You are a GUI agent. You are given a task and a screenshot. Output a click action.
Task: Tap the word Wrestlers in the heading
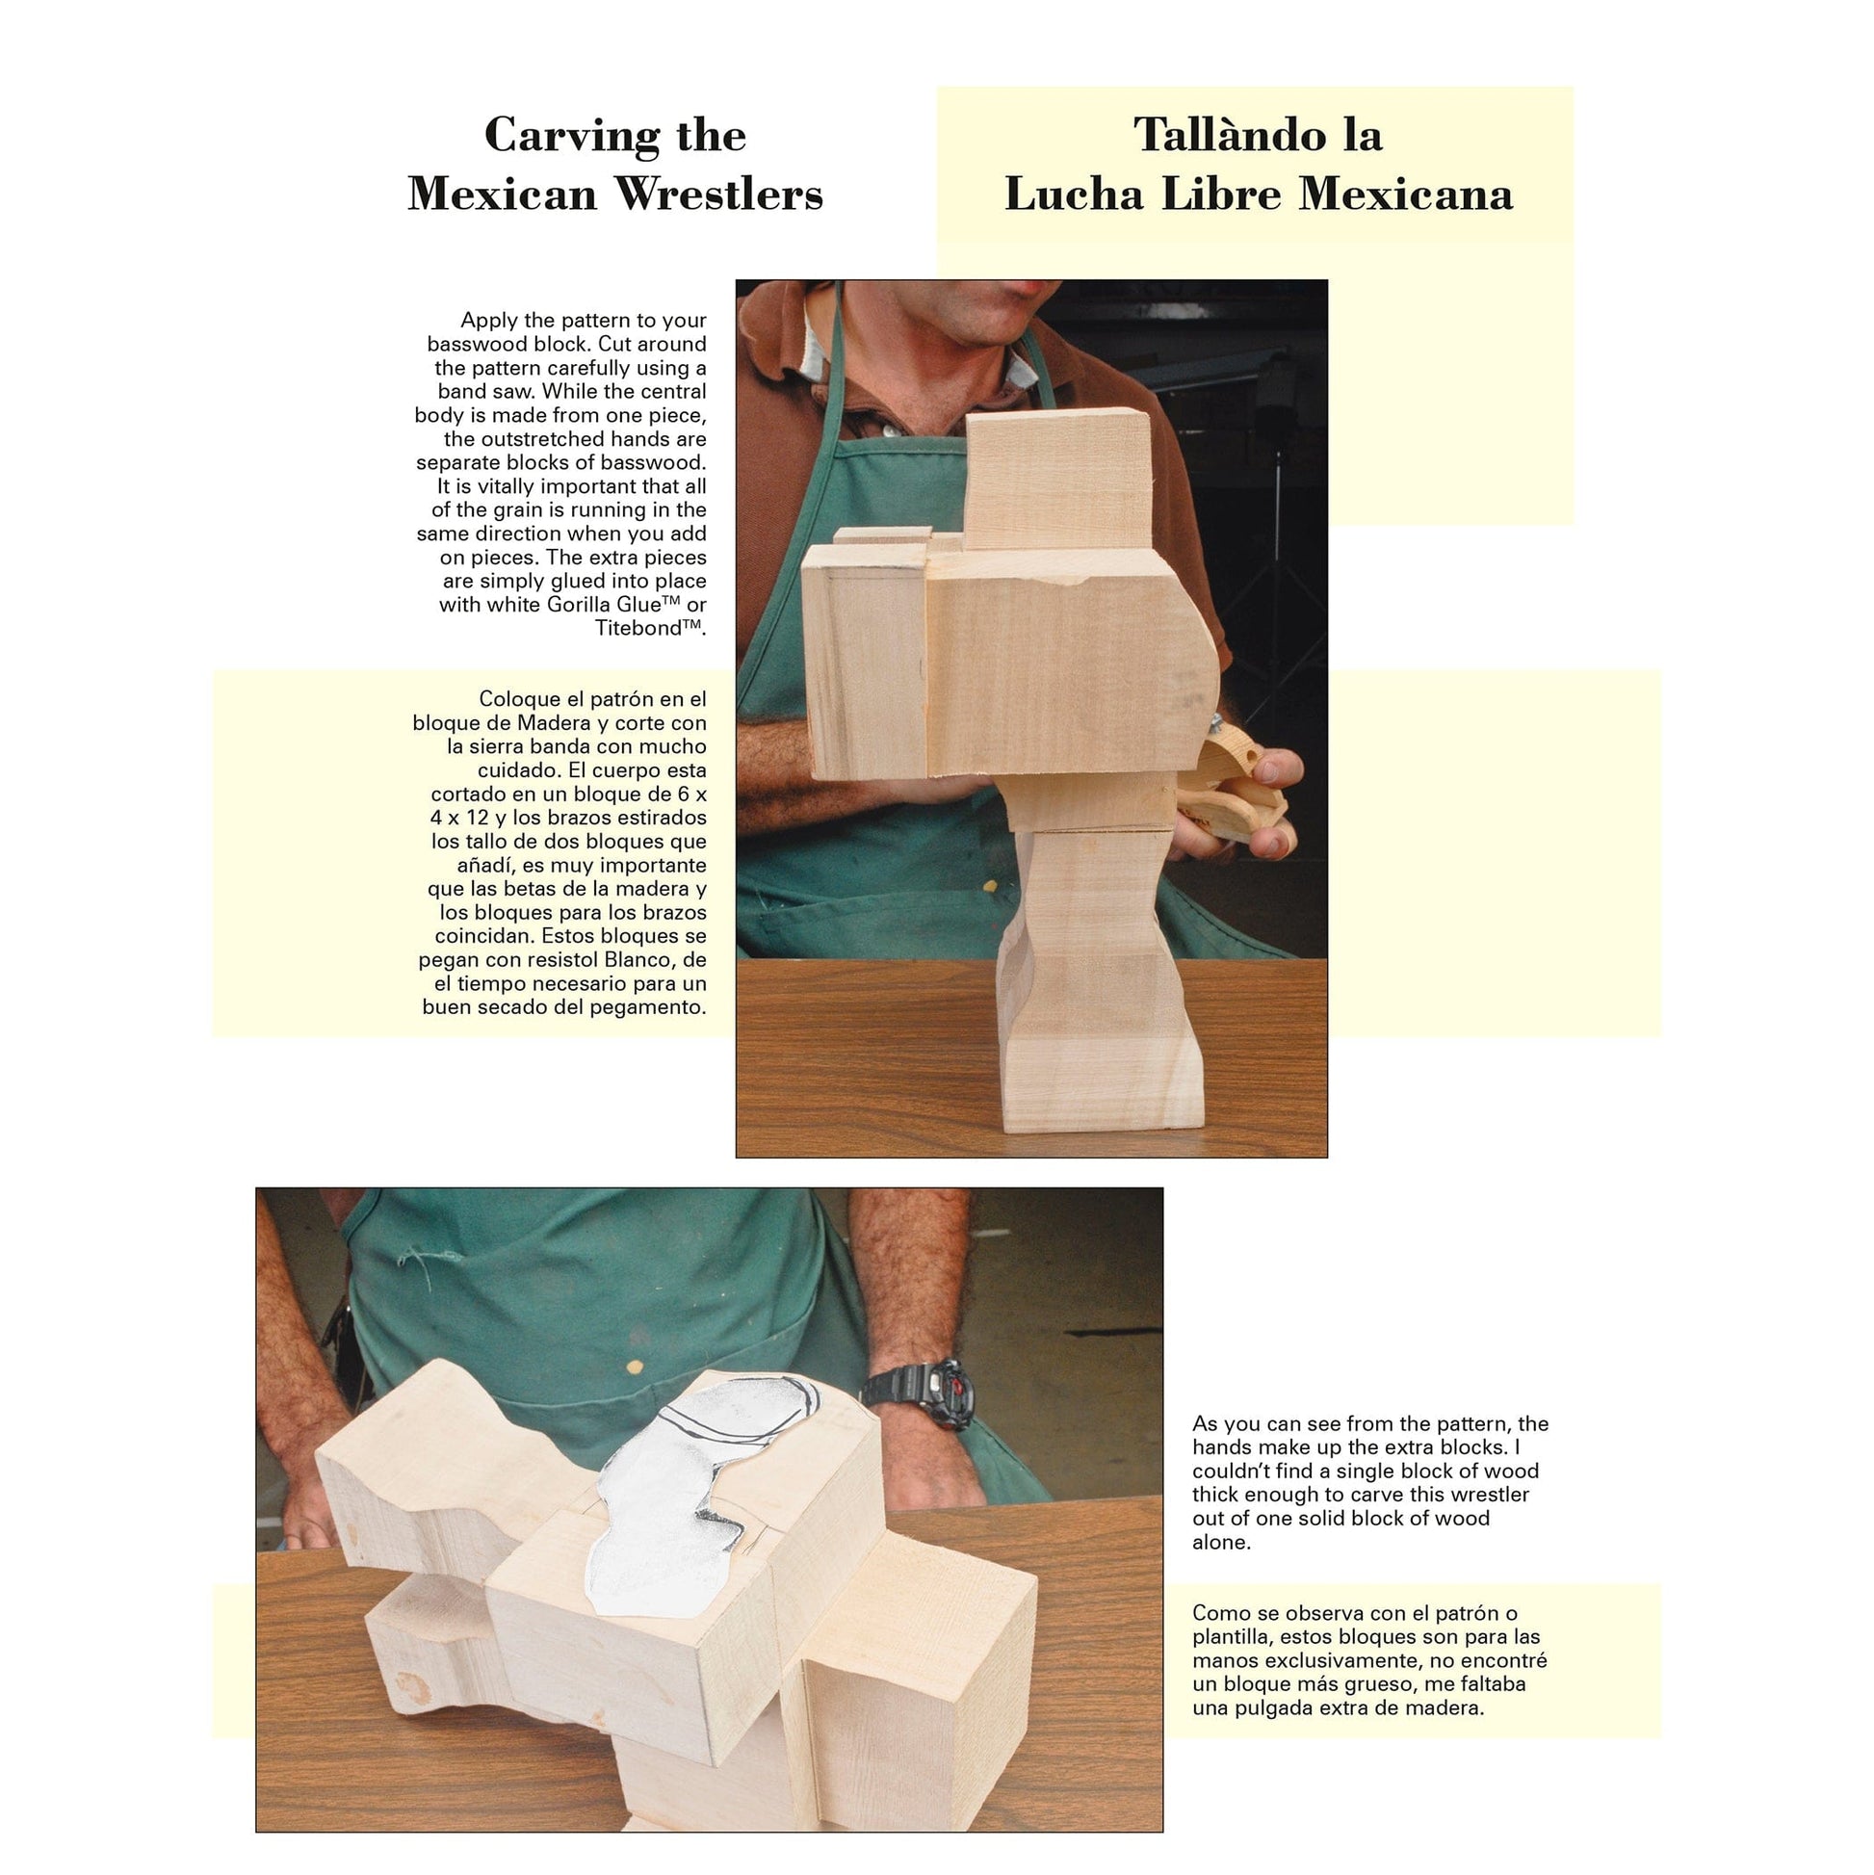719,194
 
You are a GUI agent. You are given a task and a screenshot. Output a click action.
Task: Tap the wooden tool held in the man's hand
1233,787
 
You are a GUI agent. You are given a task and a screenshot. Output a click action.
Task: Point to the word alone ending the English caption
1221,1542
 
